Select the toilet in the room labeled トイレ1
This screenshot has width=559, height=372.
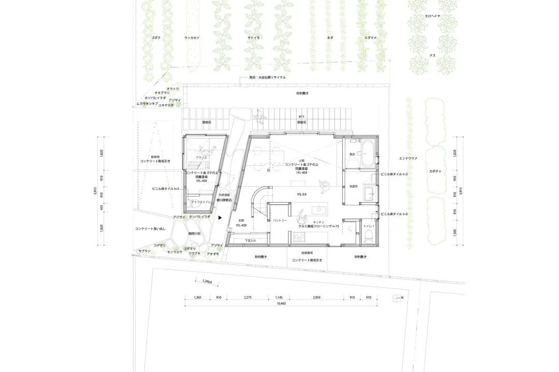369,235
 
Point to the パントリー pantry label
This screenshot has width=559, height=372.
280,220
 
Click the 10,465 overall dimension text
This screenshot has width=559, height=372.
281,304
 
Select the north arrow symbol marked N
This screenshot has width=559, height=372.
398,298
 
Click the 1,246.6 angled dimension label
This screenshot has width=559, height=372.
205,282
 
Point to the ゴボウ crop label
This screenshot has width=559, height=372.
156,38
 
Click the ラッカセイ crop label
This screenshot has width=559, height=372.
193,38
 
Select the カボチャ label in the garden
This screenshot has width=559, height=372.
435,170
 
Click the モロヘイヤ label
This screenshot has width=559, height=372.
433,17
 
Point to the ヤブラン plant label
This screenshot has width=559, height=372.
144,251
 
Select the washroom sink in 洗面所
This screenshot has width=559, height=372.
370,195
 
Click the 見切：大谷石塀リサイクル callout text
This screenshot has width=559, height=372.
267,77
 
